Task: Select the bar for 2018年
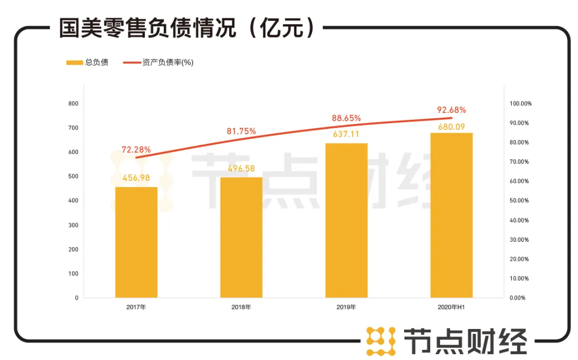tap(241, 238)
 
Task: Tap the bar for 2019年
tap(346, 220)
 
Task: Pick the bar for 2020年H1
tap(451, 215)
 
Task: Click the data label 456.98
tap(136, 178)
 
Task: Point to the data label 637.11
tap(346, 134)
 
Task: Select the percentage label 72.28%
tap(136, 149)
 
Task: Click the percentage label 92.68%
tap(451, 110)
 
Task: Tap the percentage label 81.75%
tap(241, 131)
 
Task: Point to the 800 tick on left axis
tap(73, 103)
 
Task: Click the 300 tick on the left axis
tap(73, 225)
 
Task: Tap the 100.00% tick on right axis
tap(520, 103)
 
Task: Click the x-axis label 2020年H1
tap(451, 308)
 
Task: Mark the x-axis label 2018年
tap(241, 308)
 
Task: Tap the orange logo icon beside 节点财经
tap(381, 341)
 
